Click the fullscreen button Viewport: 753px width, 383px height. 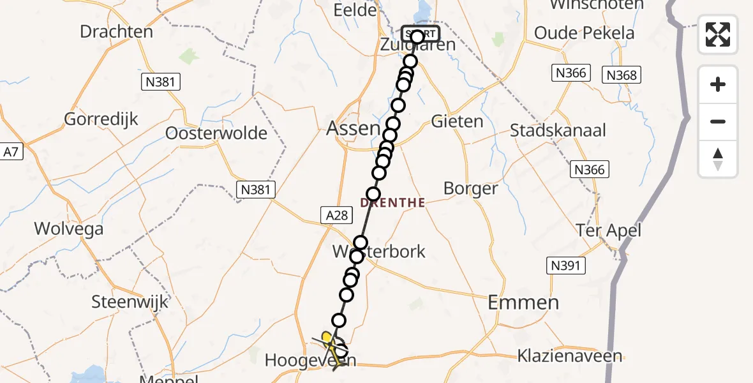718,34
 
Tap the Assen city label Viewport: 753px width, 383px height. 352,128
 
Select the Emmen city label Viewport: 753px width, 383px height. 523,303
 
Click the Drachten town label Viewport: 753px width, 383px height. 117,31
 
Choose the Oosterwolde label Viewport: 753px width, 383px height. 216,133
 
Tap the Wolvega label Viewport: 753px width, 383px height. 69,229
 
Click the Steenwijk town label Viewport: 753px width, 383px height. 130,301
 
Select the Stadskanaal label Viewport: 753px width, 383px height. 558,130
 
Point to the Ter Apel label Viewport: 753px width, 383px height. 608,230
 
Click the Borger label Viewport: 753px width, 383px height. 470,189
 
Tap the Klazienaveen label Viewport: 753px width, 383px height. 570,356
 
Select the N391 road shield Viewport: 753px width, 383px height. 565,264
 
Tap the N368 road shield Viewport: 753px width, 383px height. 621,75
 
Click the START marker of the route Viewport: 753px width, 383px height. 420,33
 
